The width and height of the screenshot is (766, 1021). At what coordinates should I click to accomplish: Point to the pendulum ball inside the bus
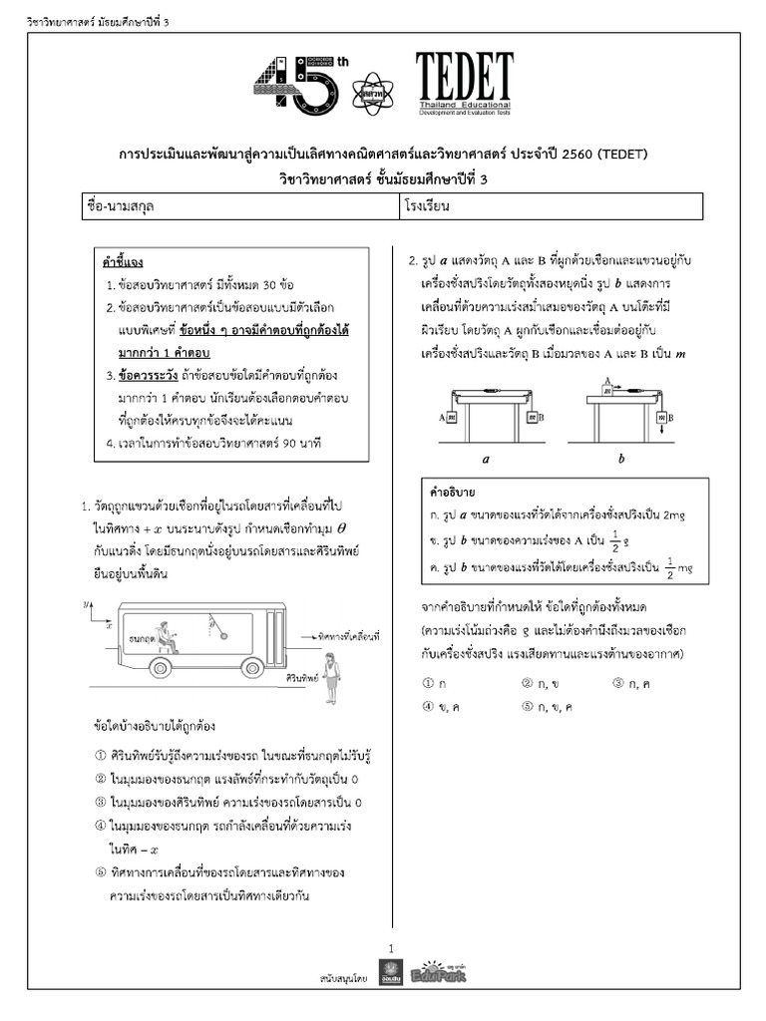pos(221,633)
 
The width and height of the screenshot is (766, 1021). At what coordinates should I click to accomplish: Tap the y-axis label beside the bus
pos(89,601)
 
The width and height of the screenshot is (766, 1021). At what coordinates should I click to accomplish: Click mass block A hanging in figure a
pos(452,418)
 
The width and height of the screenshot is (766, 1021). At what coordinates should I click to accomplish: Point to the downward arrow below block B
pos(662,432)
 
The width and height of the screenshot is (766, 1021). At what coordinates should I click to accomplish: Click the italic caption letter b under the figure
pos(621,460)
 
